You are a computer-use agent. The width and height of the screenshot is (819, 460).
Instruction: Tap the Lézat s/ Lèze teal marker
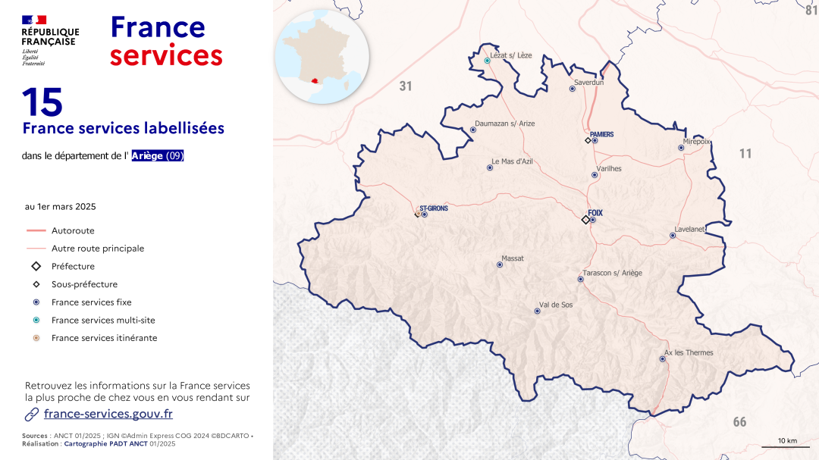point(488,61)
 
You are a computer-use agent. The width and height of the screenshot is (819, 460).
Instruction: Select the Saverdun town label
point(588,82)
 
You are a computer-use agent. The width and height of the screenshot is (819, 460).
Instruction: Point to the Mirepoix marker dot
point(681,148)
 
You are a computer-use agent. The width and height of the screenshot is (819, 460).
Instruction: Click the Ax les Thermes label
point(689,352)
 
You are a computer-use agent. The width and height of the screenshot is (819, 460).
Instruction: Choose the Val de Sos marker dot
point(538,311)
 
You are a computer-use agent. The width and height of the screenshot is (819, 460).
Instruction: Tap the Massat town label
point(512,258)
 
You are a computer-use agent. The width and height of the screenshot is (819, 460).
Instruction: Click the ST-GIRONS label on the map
point(434,208)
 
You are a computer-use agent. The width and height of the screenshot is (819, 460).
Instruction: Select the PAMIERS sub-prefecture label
point(601,134)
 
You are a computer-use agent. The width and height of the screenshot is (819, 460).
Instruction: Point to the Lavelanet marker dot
point(673,236)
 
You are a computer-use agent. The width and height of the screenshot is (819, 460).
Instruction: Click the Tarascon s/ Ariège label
point(612,273)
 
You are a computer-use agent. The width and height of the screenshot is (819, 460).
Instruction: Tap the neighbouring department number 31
point(406,86)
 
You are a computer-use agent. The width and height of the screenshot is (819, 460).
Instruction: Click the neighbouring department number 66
point(739,422)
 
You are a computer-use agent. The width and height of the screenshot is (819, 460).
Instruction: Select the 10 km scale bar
point(787,445)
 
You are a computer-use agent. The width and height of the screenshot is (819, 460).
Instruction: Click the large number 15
point(42,102)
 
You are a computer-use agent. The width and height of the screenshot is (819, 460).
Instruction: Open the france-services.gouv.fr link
point(108,414)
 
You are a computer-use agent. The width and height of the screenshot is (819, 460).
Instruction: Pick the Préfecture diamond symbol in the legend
point(36,267)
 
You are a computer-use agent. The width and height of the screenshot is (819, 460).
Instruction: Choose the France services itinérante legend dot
point(36,338)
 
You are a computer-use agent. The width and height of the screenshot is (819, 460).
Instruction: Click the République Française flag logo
point(34,20)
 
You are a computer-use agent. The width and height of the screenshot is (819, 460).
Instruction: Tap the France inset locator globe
point(322,57)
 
